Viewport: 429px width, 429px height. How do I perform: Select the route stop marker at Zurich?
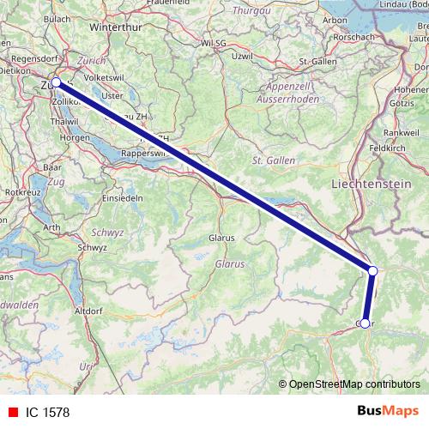click(56, 82)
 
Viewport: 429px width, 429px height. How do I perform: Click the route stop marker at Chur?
click(365, 323)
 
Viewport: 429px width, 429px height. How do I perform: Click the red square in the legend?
click(10, 411)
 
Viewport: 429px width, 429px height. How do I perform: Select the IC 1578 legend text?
click(47, 411)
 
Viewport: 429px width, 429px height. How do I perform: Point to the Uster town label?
click(113, 96)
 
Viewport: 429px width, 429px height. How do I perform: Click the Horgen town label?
click(75, 137)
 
